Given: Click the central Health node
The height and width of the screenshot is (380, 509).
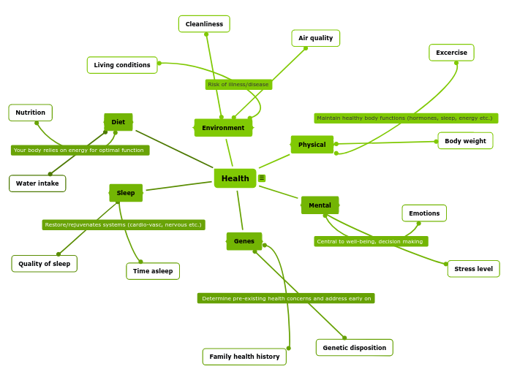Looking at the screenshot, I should coord(235,178).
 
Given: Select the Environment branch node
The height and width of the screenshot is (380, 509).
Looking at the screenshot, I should coord(223,128).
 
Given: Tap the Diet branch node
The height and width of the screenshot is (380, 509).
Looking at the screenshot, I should coord(118,122).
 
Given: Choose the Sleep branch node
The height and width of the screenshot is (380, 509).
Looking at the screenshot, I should coord(126,193).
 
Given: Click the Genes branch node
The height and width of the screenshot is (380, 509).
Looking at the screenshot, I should coord(244,241).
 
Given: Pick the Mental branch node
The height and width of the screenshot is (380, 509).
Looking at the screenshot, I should coord(320,205).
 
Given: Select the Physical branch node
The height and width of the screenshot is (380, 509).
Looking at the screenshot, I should coord(312,145).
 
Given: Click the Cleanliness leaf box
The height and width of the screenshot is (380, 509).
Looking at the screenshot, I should coord(204,24).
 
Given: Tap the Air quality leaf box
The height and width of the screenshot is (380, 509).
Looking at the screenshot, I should coord(315,38).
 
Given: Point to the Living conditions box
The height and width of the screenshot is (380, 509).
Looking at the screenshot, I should coord(122,65).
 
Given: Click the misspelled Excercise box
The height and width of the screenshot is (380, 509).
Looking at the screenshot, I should coord(451,53).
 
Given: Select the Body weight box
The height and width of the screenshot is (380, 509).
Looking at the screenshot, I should coord(465,141).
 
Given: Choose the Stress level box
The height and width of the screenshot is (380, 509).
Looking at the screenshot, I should coord(473,269).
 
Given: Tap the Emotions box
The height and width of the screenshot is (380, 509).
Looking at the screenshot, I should coord(424,213).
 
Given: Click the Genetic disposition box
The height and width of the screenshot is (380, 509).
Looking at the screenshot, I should coord(354,348).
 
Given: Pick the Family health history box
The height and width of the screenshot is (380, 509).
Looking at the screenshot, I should coord(244,357).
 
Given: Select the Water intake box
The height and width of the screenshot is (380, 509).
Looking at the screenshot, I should coord(37,183).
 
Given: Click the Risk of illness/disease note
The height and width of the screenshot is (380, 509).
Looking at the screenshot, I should coord(238,85).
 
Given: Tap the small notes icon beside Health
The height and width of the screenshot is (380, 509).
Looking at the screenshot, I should coord(262,178).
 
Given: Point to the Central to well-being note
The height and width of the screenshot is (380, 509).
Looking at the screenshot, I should coord(371,241).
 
